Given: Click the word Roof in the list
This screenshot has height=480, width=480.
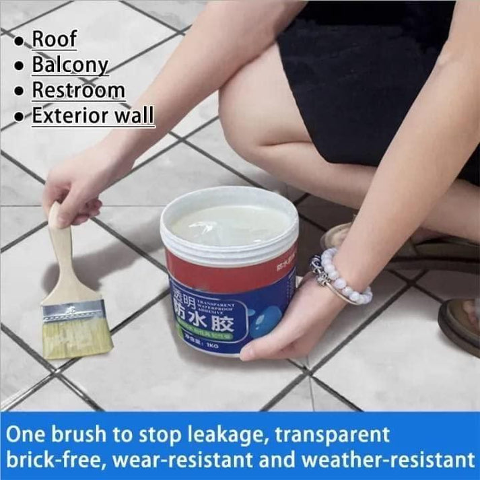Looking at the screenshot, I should coord(55,39).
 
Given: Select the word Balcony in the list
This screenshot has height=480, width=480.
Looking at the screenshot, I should coord(70,65).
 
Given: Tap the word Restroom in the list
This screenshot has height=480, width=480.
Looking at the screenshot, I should coord(78,90).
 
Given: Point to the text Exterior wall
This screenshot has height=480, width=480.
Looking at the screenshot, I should coord(93,116).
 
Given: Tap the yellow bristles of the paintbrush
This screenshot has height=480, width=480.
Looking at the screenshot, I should coord(77,337).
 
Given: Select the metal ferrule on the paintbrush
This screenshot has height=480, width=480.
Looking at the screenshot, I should coord(72,309).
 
